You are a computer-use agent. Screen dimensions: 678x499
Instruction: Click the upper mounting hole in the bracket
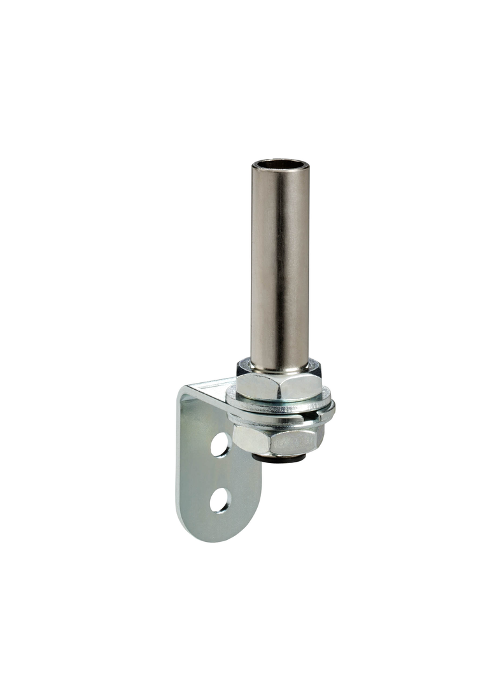tap(220, 445)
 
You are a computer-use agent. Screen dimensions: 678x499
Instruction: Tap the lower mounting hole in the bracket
tap(219, 499)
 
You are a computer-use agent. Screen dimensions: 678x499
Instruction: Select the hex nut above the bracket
tap(278, 384)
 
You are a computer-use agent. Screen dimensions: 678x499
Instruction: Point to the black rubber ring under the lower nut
tap(278, 457)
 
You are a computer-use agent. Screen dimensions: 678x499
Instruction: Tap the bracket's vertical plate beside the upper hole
tap(197, 445)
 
